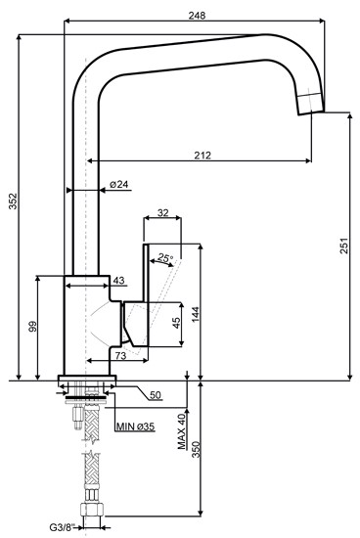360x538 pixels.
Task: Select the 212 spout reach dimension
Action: tap(203, 154)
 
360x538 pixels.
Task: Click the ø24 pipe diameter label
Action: tap(119, 184)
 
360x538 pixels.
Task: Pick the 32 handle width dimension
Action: tap(162, 212)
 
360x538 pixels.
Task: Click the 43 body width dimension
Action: tap(118, 282)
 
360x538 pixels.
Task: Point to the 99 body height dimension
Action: tap(33, 328)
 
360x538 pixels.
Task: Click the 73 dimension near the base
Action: tap(120, 355)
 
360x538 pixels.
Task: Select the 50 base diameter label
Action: tap(156, 394)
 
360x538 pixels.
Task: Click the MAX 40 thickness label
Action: tap(182, 430)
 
